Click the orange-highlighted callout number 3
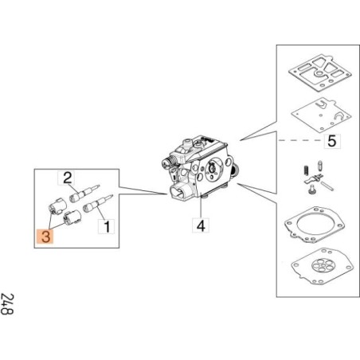(x=45, y=236)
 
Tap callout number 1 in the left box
(x=107, y=226)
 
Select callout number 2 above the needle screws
(x=67, y=178)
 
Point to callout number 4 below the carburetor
(x=201, y=225)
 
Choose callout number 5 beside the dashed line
(x=332, y=141)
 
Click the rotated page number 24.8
(x=7, y=304)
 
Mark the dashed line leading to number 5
(x=301, y=140)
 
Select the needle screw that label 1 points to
(x=98, y=204)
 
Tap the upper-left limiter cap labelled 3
(x=57, y=206)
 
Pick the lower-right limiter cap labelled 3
(x=72, y=216)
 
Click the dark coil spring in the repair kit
(x=305, y=171)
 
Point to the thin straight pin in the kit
(x=327, y=186)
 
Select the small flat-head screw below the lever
(x=312, y=190)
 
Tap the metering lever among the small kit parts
(x=313, y=178)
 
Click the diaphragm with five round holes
(x=322, y=266)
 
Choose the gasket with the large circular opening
(x=314, y=225)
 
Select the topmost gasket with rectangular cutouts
(x=320, y=73)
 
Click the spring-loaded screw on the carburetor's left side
(x=168, y=161)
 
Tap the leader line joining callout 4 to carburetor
(x=201, y=207)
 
